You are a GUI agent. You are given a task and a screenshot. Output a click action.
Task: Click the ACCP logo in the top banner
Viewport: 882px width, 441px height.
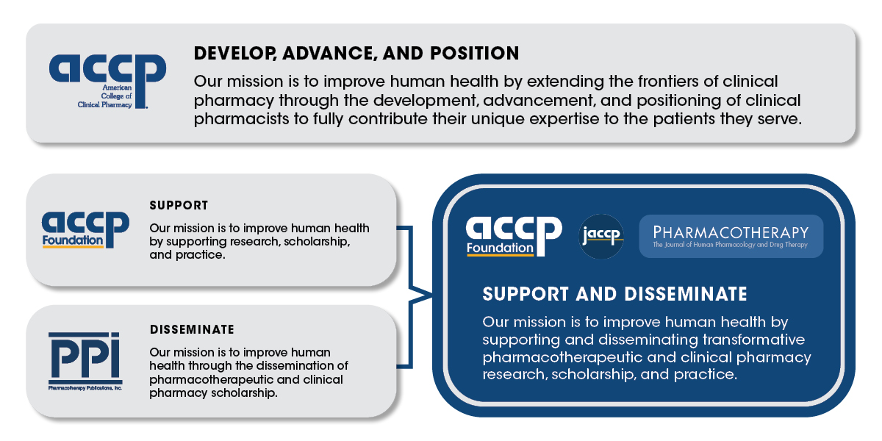(x=107, y=79)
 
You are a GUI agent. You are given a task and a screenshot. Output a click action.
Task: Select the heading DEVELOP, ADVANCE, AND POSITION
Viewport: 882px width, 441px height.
(x=356, y=54)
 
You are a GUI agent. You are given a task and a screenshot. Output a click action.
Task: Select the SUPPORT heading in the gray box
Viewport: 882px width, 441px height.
(x=179, y=205)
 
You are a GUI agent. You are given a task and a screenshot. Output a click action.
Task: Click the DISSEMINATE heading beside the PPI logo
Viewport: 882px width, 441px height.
(x=192, y=329)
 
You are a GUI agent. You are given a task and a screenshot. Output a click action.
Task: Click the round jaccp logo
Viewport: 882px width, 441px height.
(x=601, y=236)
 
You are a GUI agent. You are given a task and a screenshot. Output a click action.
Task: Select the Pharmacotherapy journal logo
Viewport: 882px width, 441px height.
(x=731, y=236)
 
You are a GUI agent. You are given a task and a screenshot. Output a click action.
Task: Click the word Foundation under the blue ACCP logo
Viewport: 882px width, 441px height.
(x=72, y=240)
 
